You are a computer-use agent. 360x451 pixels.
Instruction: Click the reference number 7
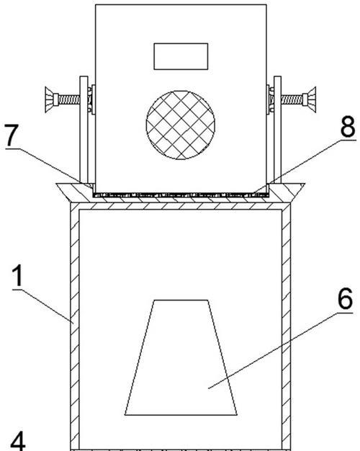pyautogui.click(x=12, y=135)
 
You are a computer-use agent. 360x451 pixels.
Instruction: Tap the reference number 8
pyautogui.click(x=348, y=127)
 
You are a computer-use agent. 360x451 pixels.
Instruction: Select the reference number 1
pyautogui.click(x=18, y=275)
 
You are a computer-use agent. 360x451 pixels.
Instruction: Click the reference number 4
pyautogui.click(x=18, y=441)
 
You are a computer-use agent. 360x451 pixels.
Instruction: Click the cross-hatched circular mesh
pyautogui.click(x=180, y=125)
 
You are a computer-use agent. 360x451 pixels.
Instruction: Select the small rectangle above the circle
pyautogui.click(x=181, y=56)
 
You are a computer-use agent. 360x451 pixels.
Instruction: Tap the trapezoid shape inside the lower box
pyautogui.click(x=181, y=357)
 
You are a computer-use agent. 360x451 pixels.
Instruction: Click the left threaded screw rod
pyautogui.click(x=69, y=100)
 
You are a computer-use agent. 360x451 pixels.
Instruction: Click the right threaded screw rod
pyautogui.click(x=292, y=99)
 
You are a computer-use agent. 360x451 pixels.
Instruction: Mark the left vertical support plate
pyautogui.click(x=84, y=130)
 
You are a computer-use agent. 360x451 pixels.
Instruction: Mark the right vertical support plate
pyautogui.click(x=277, y=130)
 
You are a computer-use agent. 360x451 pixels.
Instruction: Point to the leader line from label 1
pyautogui.click(x=43, y=306)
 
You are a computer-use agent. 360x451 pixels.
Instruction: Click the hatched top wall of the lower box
pyautogui.click(x=181, y=206)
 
